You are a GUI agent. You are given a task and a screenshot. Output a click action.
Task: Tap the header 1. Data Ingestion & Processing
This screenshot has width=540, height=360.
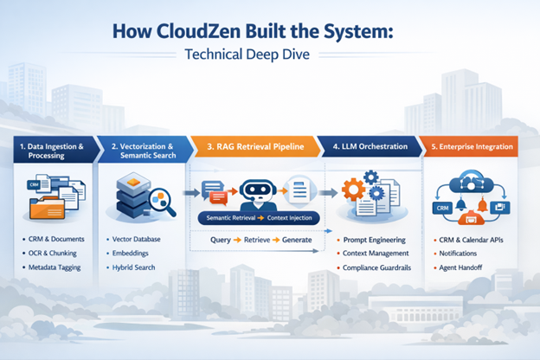51,151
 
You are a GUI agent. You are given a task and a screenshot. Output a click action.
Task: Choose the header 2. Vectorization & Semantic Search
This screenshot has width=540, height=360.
144,151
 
